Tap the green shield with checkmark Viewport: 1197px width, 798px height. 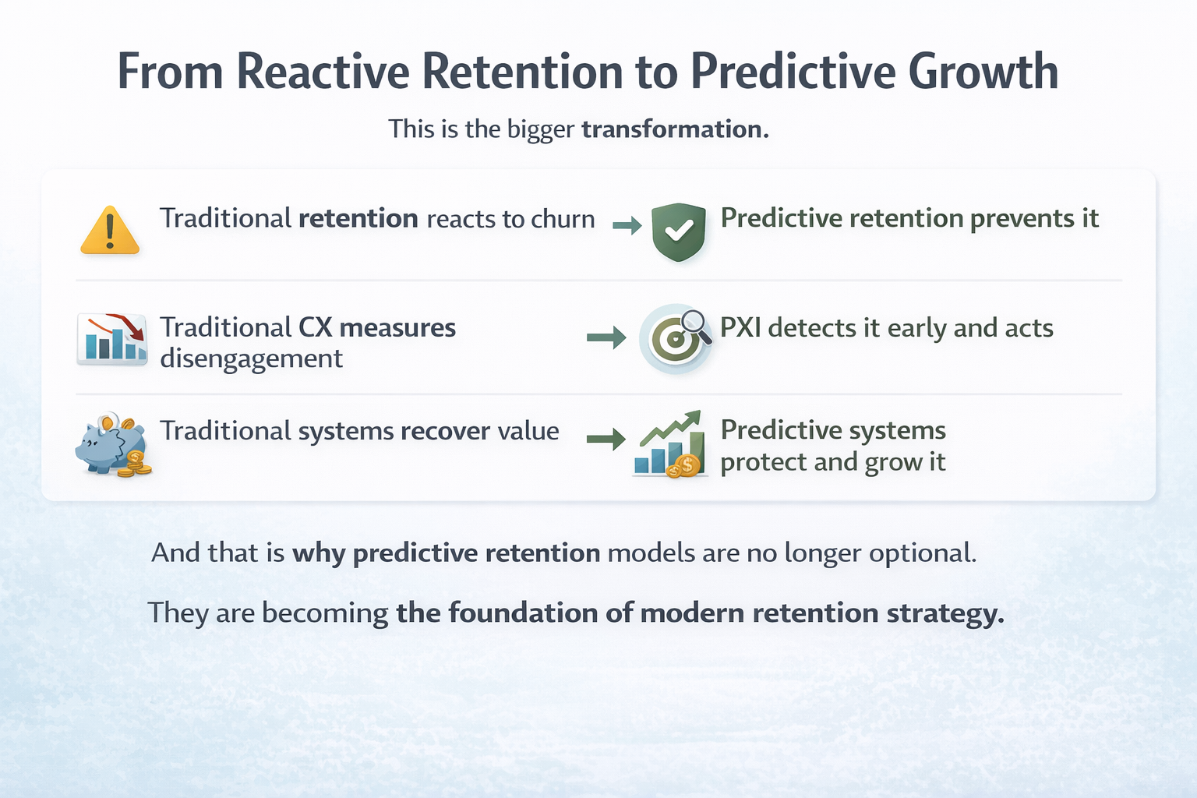[678, 231]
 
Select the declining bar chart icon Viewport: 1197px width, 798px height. [112, 339]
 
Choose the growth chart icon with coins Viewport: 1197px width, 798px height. [670, 444]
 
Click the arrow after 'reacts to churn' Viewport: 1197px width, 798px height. [627, 227]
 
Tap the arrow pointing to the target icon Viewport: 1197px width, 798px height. [606, 337]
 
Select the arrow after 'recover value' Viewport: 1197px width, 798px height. [606, 439]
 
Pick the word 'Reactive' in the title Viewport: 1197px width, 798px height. [323, 72]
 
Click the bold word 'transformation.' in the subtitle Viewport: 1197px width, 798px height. [675, 129]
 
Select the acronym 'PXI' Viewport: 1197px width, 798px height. [740, 328]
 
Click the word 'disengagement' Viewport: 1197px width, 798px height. [251, 358]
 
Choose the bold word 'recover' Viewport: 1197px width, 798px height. [445, 431]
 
